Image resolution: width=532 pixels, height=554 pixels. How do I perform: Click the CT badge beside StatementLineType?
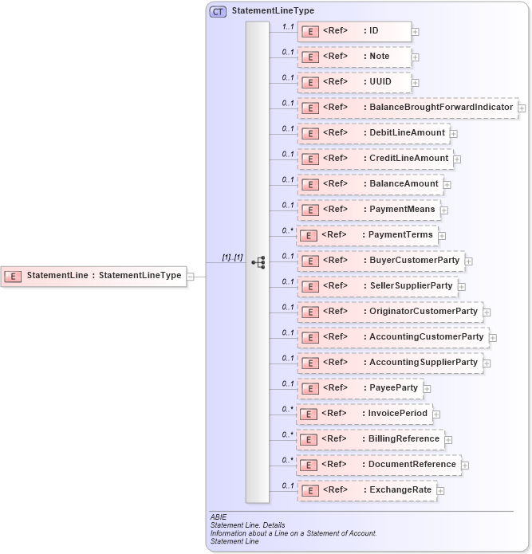point(218,12)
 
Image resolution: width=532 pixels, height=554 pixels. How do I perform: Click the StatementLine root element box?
point(93,277)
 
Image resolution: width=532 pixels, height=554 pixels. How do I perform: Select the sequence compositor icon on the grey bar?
point(258,261)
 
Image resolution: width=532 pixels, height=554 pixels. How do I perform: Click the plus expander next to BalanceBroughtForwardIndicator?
point(522,108)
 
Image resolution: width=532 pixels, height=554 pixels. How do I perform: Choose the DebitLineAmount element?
point(372,133)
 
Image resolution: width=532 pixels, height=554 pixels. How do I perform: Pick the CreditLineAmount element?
point(375,159)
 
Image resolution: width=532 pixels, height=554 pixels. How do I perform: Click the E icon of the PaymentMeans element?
point(309,210)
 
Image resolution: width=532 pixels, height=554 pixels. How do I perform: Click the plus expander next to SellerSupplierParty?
point(462,286)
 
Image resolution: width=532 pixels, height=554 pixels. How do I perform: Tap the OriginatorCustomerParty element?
point(390,312)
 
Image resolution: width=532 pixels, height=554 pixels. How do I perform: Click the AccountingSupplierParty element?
point(390,363)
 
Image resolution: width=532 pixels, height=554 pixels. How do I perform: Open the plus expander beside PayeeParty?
point(428,388)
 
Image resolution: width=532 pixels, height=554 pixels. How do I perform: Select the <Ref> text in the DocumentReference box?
point(334,464)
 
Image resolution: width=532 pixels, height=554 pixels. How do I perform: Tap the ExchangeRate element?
point(368,490)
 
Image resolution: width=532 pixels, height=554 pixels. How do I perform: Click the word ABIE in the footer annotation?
point(219,517)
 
